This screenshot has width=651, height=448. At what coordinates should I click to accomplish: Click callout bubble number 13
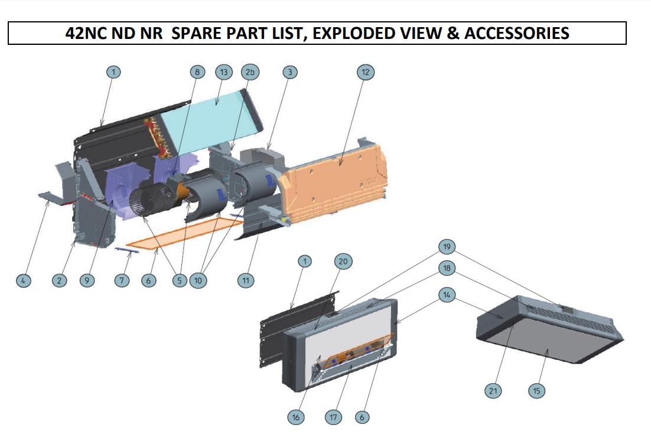(x=223, y=72)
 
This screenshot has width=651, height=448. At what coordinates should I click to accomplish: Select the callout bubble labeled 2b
(x=250, y=72)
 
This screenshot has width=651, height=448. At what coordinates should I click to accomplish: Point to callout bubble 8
(x=197, y=72)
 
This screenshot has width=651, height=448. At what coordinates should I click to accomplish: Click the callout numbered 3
(x=289, y=72)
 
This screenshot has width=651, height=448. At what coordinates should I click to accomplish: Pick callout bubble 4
(x=23, y=280)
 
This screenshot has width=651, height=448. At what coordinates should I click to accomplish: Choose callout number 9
(x=87, y=280)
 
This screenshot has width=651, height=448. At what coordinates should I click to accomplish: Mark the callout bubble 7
(x=122, y=280)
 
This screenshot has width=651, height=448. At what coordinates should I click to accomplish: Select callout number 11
(x=246, y=280)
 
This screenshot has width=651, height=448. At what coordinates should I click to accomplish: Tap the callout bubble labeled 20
(x=343, y=261)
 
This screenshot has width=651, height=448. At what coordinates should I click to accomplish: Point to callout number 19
(x=447, y=246)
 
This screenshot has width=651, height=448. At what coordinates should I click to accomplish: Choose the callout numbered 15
(x=536, y=391)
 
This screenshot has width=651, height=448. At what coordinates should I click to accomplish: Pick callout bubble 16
(x=296, y=417)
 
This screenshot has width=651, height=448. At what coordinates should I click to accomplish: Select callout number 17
(x=333, y=417)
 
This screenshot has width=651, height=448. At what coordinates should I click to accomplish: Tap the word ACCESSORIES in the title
(x=517, y=33)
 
